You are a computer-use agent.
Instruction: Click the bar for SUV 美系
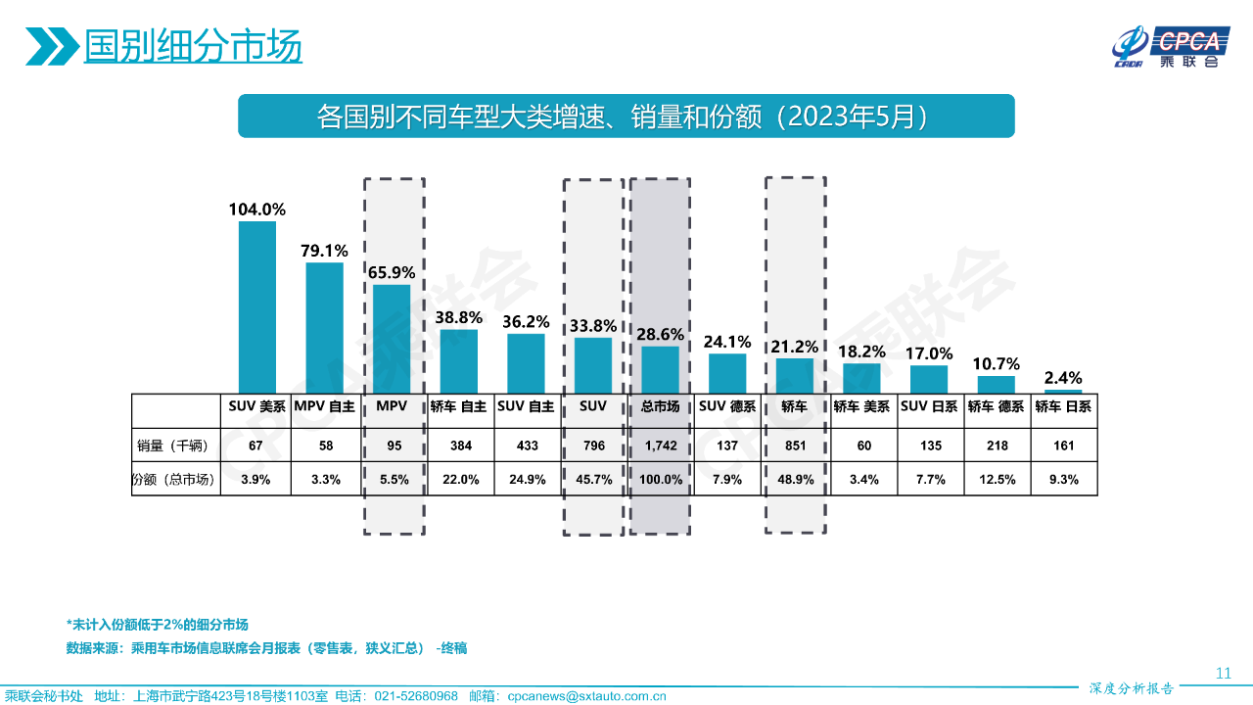click(x=257, y=306)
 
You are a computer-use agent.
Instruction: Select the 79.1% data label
click(x=324, y=250)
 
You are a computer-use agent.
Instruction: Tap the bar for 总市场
click(x=660, y=369)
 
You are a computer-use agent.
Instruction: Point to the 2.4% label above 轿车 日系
click(x=1063, y=378)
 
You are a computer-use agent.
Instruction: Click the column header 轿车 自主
click(x=458, y=406)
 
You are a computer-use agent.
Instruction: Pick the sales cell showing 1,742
click(x=660, y=446)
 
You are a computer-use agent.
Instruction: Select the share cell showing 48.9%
click(x=795, y=480)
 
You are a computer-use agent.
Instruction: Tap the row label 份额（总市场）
click(x=173, y=480)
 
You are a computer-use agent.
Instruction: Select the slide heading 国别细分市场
click(x=193, y=45)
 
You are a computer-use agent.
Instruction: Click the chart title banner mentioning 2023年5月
click(x=626, y=117)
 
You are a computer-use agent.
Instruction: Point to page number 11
click(x=1223, y=673)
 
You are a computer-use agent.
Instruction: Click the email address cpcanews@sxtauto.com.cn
click(x=586, y=696)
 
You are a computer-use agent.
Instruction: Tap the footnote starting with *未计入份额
click(x=158, y=624)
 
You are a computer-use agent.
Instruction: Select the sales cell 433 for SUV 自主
click(x=526, y=446)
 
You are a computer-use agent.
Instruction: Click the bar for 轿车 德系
click(x=997, y=384)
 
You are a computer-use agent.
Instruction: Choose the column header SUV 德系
click(x=727, y=406)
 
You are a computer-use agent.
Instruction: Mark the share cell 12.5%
click(x=997, y=480)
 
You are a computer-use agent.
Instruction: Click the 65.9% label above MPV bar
click(x=392, y=273)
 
